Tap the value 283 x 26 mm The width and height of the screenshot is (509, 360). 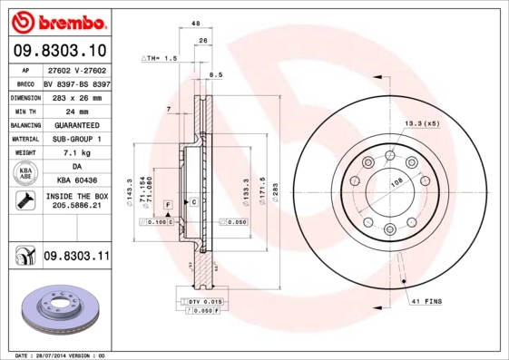tap(76, 96)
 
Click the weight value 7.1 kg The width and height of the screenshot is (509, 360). tap(76, 153)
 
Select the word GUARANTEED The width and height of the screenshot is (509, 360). tap(76, 124)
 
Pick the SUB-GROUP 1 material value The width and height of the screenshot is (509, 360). tap(76, 139)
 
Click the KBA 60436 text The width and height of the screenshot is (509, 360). tap(76, 181)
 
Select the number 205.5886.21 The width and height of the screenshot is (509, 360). tap(76, 207)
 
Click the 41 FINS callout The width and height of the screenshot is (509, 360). tap(427, 299)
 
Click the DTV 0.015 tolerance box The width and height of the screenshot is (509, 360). tap(204, 301)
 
